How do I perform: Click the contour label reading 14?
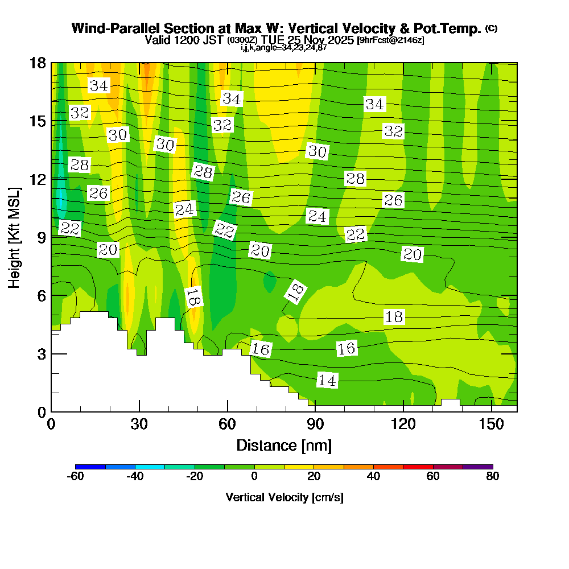(327, 381)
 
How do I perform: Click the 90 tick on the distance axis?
(315, 411)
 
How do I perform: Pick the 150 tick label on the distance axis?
(491, 424)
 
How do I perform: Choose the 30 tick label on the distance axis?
(139, 424)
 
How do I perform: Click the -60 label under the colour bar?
(76, 477)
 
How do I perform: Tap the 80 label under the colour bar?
(493, 477)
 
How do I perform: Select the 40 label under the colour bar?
(373, 477)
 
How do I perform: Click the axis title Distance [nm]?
(284, 445)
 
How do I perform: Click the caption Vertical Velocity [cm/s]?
(284, 497)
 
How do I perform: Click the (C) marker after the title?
(491, 28)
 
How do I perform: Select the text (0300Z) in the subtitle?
(243, 40)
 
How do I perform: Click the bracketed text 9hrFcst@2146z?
(390, 40)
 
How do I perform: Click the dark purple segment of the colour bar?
(478, 467)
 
